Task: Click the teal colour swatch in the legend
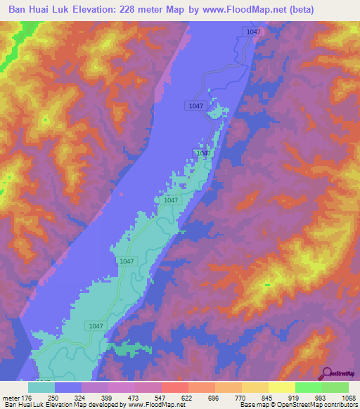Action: point(41,387)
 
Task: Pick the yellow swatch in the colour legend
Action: point(282,387)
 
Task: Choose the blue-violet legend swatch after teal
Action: point(68,387)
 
